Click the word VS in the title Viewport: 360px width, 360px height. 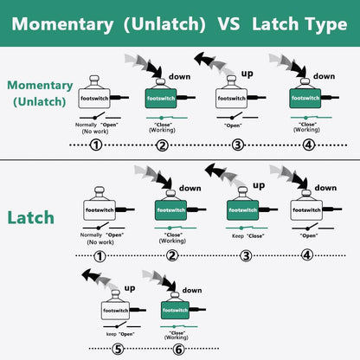click(x=228, y=23)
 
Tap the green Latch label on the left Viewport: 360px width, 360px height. click(x=31, y=218)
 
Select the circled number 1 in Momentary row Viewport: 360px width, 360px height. click(x=96, y=145)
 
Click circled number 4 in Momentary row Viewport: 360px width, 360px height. click(x=308, y=145)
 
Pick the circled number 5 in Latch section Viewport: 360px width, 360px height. click(x=118, y=350)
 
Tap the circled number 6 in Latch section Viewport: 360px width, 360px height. click(x=178, y=350)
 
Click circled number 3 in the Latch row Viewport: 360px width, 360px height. click(x=246, y=256)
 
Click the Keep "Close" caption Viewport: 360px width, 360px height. click(x=248, y=236)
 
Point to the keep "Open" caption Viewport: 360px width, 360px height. click(x=120, y=334)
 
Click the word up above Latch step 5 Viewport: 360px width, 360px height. click(x=130, y=288)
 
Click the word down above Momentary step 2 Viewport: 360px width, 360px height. click(x=179, y=77)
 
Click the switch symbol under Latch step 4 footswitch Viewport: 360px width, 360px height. click(x=312, y=228)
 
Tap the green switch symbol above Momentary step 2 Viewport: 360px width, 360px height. click(x=167, y=118)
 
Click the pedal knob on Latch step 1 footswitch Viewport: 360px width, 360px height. click(x=100, y=190)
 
